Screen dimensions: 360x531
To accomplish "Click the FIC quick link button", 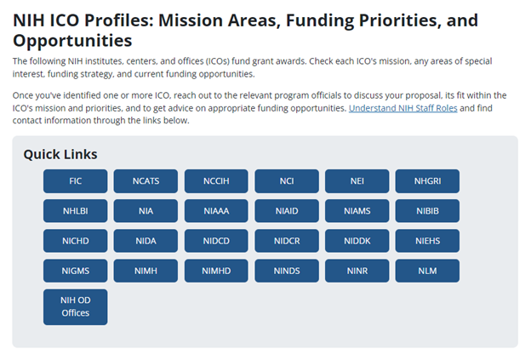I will (75, 181).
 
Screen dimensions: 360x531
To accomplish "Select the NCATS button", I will (146, 181).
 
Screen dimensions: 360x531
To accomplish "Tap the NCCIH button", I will (216, 181).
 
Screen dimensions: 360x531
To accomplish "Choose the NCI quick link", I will (286, 181).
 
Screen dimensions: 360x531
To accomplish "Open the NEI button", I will (357, 181).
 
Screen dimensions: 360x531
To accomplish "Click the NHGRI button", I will (427, 181).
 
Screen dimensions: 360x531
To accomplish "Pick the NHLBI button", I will (75, 211).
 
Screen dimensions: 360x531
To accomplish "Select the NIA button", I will (146, 211).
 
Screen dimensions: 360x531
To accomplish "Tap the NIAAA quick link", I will (216, 211).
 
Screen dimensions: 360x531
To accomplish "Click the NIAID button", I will (286, 211).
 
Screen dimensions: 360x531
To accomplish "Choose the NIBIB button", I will (427, 211).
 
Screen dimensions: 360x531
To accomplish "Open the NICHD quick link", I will (75, 241).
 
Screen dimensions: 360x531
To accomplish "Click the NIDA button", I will (146, 241).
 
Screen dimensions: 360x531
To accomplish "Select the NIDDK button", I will (357, 241).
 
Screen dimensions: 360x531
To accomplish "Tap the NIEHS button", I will (427, 241).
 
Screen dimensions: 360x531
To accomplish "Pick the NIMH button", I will (146, 271).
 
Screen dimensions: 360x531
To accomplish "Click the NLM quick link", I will (427, 271).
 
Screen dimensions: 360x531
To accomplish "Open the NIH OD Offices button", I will (75, 306).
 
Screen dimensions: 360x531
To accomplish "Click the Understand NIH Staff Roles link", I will (403, 109).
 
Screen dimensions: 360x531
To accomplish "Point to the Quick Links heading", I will (60, 154).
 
